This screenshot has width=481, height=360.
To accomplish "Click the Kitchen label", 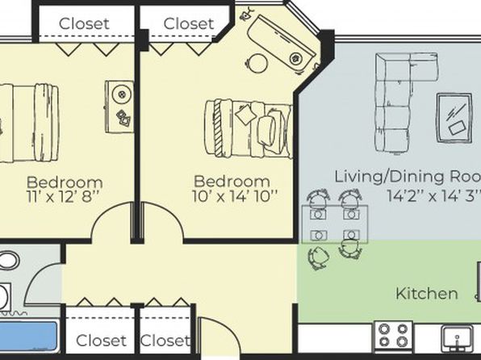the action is point(427,294).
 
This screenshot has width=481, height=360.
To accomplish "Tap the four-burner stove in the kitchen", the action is point(393,336).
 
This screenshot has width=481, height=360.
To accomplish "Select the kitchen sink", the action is point(457,338).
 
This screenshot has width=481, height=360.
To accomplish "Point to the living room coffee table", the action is point(454,118).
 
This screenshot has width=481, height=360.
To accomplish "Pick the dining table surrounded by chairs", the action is point(335,224).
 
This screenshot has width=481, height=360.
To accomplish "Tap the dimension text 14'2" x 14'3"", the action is point(433,195).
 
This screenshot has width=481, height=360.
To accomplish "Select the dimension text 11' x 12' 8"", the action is point(63,196).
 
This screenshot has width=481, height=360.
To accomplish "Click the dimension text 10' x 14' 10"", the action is point(235,196).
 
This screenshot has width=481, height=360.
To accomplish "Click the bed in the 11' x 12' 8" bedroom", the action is point(29,123).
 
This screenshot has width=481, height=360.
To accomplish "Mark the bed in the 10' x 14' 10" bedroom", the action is point(249,128).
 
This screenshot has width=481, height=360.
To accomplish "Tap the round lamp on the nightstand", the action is point(122,94).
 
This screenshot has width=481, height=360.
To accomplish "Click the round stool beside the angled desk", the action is point(258,63).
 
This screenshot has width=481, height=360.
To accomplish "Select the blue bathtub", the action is point(28,336).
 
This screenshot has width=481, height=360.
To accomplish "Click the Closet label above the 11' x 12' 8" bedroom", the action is point(84,23).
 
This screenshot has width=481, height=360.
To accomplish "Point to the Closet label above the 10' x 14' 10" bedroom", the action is point(189,23).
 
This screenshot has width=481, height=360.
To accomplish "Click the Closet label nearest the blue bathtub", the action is point(101,341).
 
